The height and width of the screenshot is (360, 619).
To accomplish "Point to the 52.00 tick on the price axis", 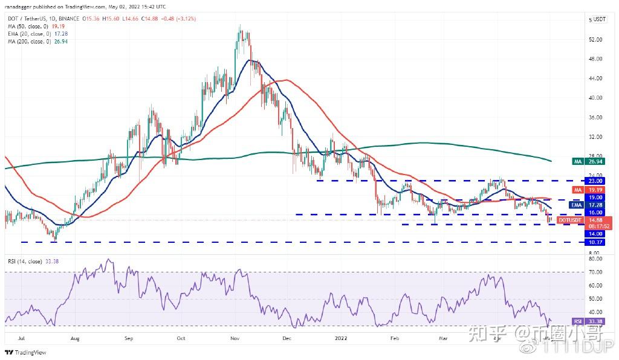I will click(x=595, y=40).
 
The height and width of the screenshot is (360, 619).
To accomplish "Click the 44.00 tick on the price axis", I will click(x=595, y=79).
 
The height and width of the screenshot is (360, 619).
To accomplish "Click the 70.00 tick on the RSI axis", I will click(x=595, y=272).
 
